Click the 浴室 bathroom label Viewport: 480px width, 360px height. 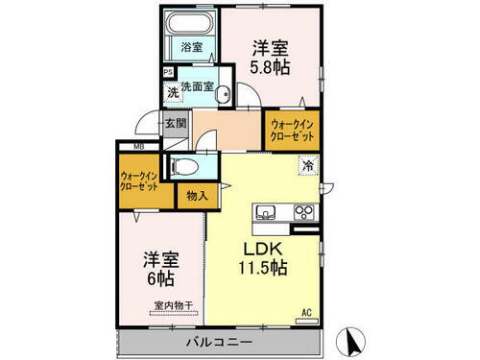pyautogui.click(x=192, y=46)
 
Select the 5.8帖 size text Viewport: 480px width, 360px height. pyautogui.click(x=271, y=68)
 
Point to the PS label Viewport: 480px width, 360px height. pyautogui.click(x=168, y=70)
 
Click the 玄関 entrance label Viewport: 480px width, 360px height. pyautogui.click(x=175, y=123)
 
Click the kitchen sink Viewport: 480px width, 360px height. pyautogui.click(x=266, y=212)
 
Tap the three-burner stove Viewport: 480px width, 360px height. pyautogui.click(x=303, y=212)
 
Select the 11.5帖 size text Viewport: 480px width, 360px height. pyautogui.click(x=262, y=268)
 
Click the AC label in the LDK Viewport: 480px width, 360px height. pyautogui.click(x=306, y=312)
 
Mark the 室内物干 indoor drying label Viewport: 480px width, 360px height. pyautogui.click(x=173, y=306)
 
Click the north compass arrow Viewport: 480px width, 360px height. pyautogui.click(x=350, y=339)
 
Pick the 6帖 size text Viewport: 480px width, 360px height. pyautogui.click(x=160, y=279)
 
